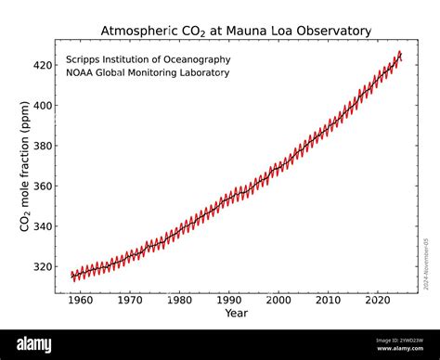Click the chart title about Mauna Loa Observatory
[236, 31]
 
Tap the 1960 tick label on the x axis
[80, 300]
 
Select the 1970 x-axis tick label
[130, 300]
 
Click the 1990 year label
[229, 300]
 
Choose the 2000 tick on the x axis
[278, 300]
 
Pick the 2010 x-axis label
[329, 300]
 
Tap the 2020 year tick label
[378, 300]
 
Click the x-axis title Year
[236, 313]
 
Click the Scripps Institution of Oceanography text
[148, 59]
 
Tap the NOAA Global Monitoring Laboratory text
[147, 72]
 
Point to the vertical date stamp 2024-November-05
[426, 264]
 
